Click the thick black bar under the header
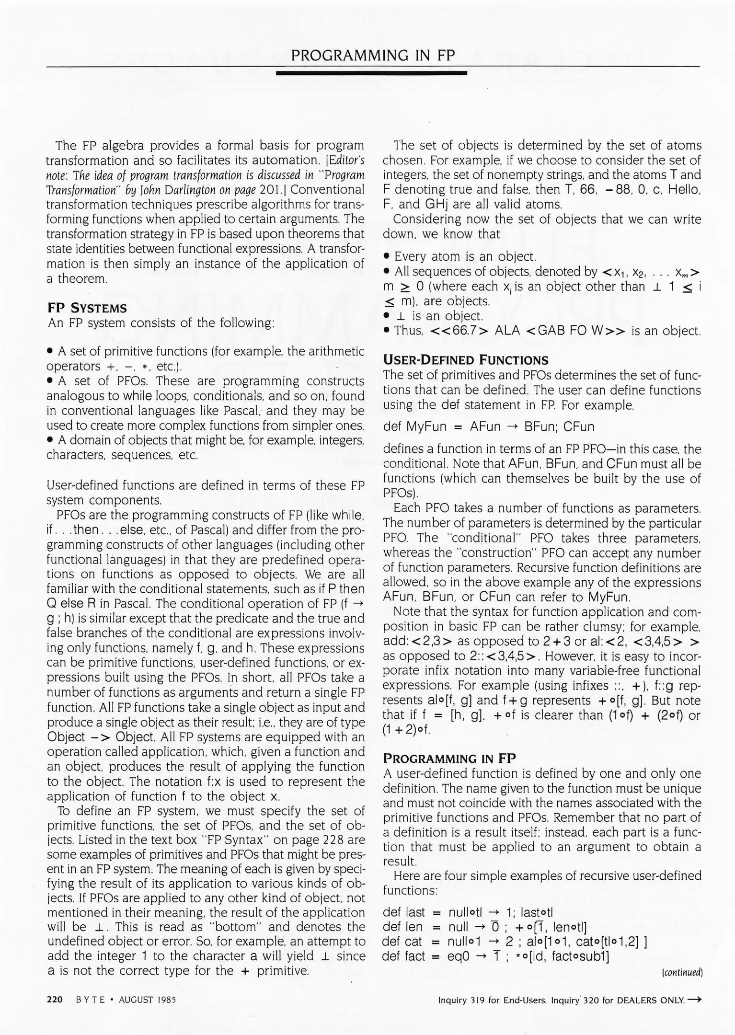point(371,73)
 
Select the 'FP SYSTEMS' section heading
point(87,308)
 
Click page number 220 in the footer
point(55,1000)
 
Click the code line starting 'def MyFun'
point(489,426)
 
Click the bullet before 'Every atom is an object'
point(386,257)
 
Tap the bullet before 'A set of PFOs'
point(50,382)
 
